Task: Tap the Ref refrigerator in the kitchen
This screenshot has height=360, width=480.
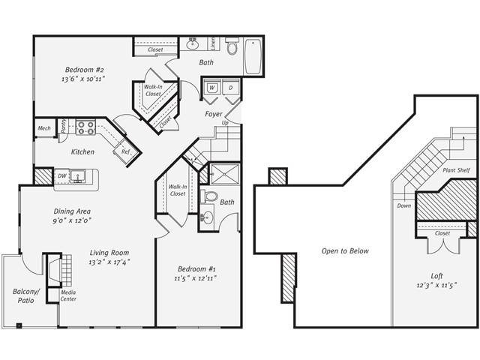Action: [124, 151]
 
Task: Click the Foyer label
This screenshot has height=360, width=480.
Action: [214, 115]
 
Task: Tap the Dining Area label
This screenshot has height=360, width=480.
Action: [72, 211]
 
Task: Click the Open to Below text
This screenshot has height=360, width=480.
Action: [345, 250]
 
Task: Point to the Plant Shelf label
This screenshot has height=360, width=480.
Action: [456, 171]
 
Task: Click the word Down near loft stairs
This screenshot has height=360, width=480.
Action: [404, 205]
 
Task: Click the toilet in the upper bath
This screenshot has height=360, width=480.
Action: [232, 48]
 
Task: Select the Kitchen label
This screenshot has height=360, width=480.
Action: [82, 152]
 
